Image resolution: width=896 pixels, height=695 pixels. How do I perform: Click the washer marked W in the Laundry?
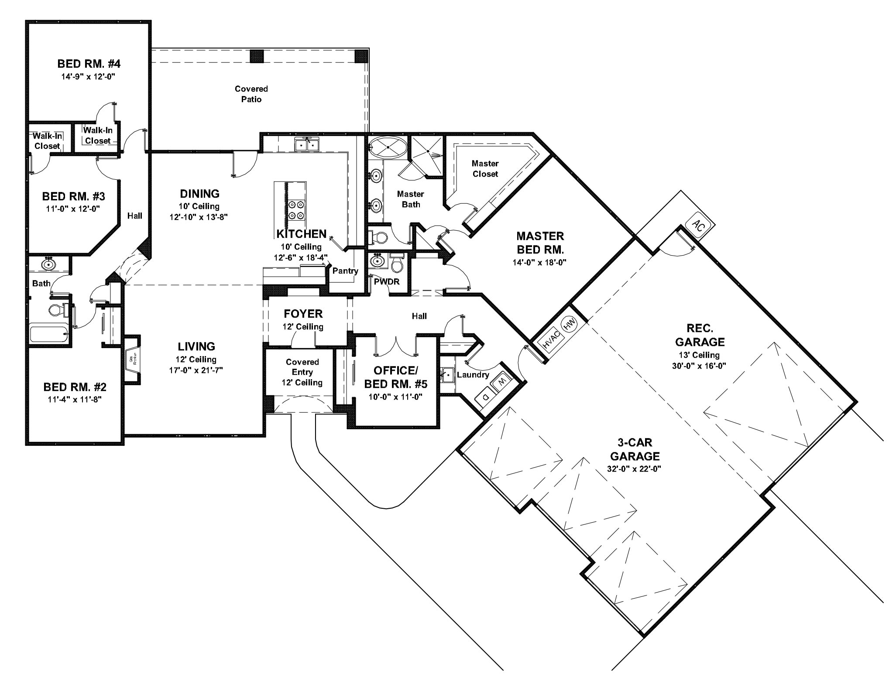click(x=501, y=381)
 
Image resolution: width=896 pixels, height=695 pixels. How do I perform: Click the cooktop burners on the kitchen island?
click(x=296, y=209)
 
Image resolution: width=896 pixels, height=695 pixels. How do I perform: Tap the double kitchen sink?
click(x=308, y=144)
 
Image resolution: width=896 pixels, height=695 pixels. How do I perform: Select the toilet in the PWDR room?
click(x=397, y=264)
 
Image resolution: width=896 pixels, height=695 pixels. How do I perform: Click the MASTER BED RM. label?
click(x=540, y=243)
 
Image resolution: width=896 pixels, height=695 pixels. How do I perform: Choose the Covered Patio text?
click(x=251, y=94)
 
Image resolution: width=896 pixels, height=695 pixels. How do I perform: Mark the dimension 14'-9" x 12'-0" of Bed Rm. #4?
click(x=89, y=76)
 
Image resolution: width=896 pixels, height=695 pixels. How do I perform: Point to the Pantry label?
click(x=345, y=271)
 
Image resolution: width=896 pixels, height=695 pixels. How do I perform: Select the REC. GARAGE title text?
click(x=699, y=335)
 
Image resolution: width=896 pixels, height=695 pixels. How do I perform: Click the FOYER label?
click(x=303, y=314)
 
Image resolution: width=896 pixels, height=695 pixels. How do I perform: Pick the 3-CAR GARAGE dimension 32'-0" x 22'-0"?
click(x=635, y=469)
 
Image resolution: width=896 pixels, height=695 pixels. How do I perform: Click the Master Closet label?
click(x=485, y=168)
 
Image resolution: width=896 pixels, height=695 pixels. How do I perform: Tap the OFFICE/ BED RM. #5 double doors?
click(x=396, y=345)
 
